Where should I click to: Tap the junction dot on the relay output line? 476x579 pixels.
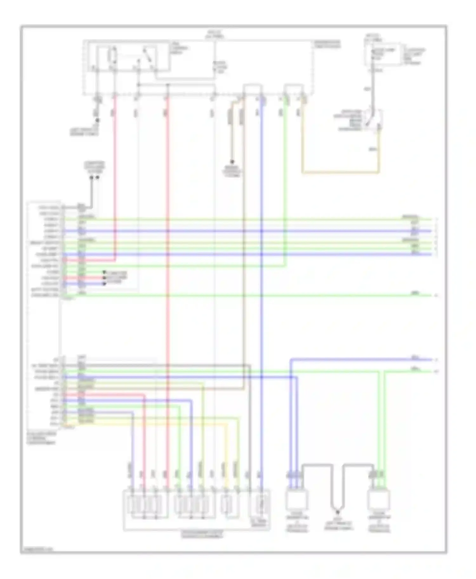139,85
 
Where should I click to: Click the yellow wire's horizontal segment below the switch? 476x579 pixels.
340,173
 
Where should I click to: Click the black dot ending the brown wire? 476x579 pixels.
232,162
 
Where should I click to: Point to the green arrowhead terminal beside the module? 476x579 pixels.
104,272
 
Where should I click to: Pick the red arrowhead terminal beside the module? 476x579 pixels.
104,278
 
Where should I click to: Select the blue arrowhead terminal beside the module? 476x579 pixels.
104,283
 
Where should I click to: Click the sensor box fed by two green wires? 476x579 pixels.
379,499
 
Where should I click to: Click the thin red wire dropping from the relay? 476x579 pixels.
115,174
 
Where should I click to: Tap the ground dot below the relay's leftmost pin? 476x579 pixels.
97,120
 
